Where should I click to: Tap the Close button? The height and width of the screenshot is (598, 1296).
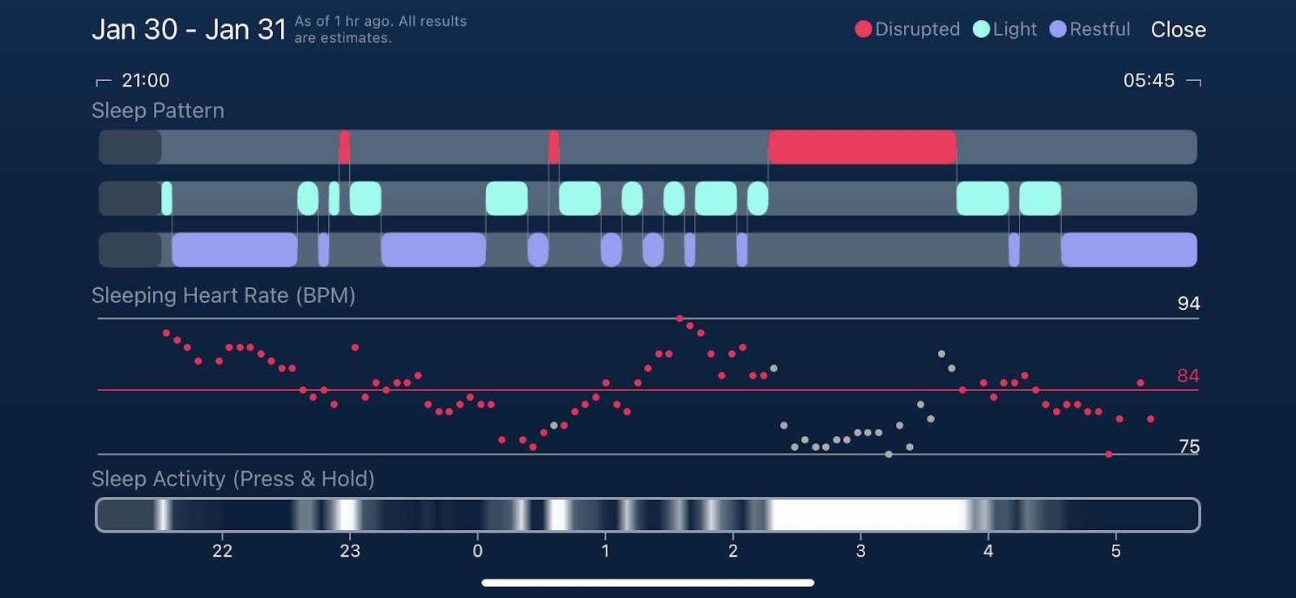[x=1178, y=30]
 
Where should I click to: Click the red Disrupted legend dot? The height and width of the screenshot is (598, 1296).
[x=863, y=29]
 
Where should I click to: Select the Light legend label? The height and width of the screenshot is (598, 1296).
[x=1014, y=29]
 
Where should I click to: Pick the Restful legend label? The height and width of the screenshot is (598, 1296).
[x=1099, y=29]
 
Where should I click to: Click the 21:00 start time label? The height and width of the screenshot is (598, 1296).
[x=146, y=80]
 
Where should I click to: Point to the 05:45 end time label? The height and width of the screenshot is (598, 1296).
[x=1149, y=80]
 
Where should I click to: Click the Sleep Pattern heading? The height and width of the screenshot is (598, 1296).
[x=158, y=111]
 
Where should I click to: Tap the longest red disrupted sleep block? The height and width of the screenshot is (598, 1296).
[x=862, y=147]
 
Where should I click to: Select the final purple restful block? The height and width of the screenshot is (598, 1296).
[x=1128, y=249]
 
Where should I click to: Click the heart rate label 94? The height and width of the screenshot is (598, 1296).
[x=1188, y=303]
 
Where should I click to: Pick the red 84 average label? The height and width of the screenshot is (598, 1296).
[x=1187, y=375]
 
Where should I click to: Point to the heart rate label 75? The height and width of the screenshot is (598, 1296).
[x=1189, y=447]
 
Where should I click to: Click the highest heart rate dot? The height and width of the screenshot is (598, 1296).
[x=680, y=319]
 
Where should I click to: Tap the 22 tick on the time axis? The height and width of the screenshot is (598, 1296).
[x=222, y=551]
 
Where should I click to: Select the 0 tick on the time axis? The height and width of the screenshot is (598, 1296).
[x=478, y=551]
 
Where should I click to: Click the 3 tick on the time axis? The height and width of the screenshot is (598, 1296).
[x=860, y=551]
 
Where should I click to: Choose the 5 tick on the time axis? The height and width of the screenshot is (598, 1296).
[x=1115, y=551]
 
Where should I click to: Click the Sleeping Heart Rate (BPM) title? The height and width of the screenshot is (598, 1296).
[x=224, y=295]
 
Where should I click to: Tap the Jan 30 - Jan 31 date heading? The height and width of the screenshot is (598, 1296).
[x=189, y=30]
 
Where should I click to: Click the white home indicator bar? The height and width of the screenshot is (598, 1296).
[x=648, y=583]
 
